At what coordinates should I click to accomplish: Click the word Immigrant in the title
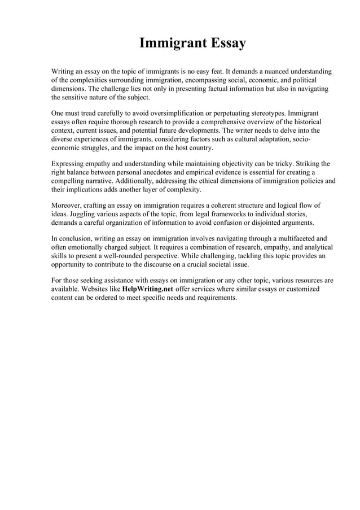tap(165, 43)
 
